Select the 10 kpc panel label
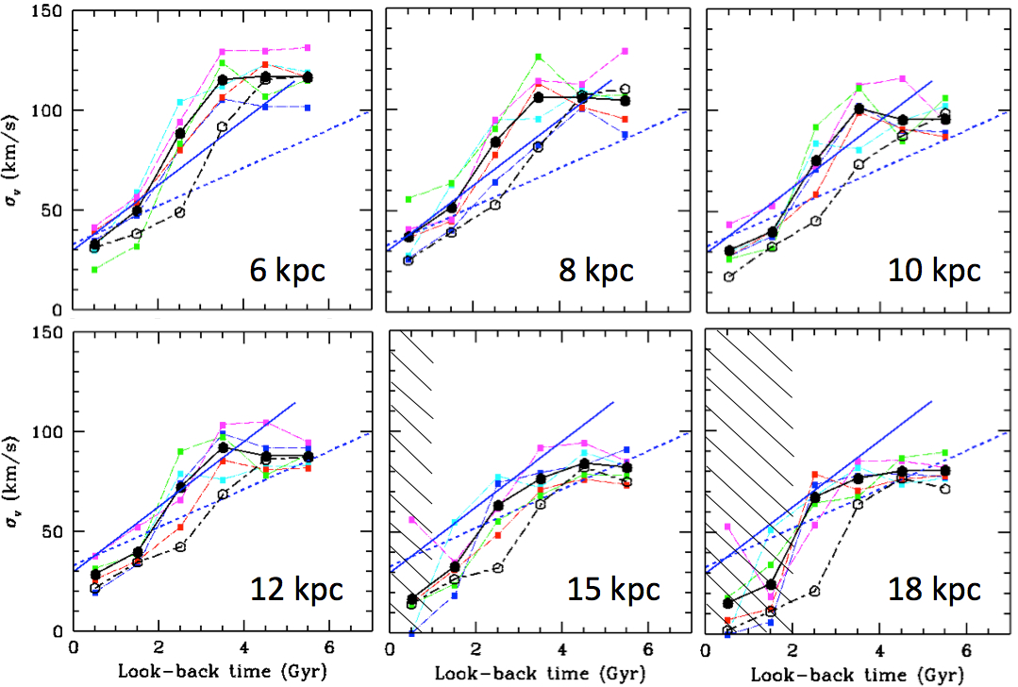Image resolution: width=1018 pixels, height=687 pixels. click(x=933, y=271)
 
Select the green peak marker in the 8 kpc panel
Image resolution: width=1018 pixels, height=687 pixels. click(x=539, y=58)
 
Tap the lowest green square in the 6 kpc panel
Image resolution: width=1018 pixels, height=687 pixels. click(x=94, y=270)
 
